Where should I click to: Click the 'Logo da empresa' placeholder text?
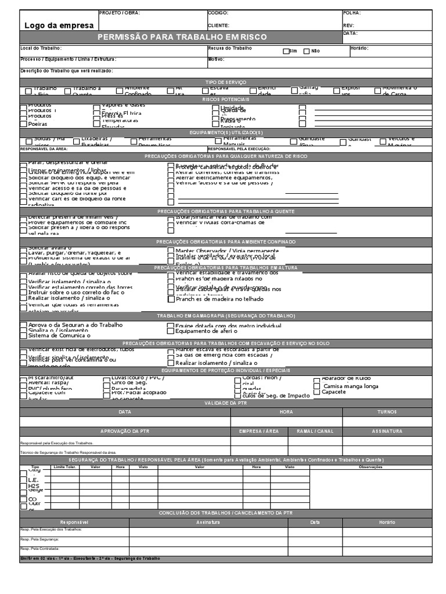pyautogui.click(x=59, y=25)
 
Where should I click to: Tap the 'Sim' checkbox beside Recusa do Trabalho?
pyautogui.click(x=286, y=51)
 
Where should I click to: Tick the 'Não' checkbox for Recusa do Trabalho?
pyautogui.click(x=307, y=51)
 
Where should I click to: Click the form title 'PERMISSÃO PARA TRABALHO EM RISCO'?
pyautogui.click(x=182, y=37)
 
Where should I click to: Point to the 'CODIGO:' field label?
pyautogui.click(x=218, y=13)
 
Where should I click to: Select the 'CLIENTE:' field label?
pyautogui.click(x=219, y=26)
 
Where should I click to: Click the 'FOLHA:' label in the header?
pyautogui.click(x=352, y=13)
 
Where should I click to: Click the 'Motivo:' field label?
pyautogui.click(x=216, y=59)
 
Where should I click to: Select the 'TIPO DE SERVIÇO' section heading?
pyautogui.click(x=226, y=82)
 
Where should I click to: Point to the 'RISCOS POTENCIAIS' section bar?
pyautogui.click(x=226, y=100)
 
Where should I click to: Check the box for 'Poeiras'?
pyautogui.click(x=23, y=124)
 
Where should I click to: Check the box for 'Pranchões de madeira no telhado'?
pyautogui.click(x=171, y=299)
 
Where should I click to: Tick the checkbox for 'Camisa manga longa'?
pyautogui.click(x=333, y=386)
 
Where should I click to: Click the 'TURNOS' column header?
pyautogui.click(x=387, y=412)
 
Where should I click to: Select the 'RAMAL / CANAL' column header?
pyautogui.click(x=315, y=432)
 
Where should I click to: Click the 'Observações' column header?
pyautogui.click(x=371, y=467)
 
